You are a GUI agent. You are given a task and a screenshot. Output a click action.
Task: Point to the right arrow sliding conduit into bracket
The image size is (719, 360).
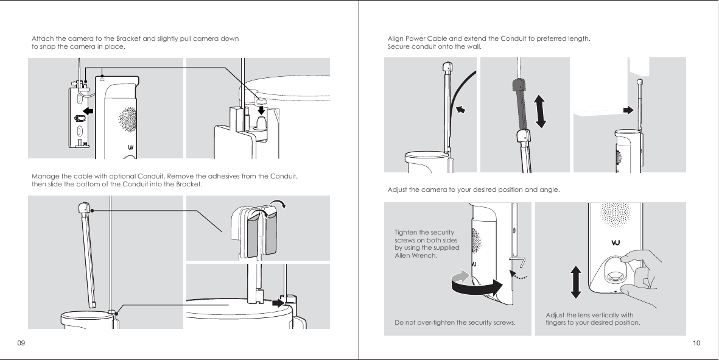279,302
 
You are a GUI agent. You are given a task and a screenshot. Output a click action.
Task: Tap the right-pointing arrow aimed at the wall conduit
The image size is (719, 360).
628,110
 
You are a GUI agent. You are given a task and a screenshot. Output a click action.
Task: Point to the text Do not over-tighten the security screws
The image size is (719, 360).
455,322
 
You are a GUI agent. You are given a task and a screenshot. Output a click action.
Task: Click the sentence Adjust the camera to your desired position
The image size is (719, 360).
473,190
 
